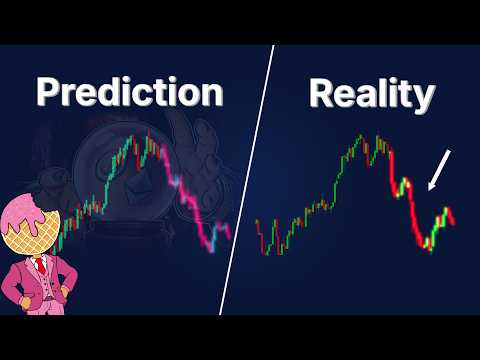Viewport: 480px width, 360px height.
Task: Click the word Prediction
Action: [x=129, y=93]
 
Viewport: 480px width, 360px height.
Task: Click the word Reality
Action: [x=371, y=93]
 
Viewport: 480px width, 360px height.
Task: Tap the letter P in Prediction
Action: [x=51, y=93]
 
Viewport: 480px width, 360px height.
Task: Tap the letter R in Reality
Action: [x=323, y=93]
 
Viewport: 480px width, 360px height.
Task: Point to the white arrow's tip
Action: [x=429, y=188]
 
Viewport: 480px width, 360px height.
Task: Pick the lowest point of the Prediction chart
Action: [x=211, y=250]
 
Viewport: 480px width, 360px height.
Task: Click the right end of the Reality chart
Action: [x=452, y=222]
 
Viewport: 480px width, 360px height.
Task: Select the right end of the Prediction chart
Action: [x=229, y=236]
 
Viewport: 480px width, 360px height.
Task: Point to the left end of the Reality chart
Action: [x=257, y=222]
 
